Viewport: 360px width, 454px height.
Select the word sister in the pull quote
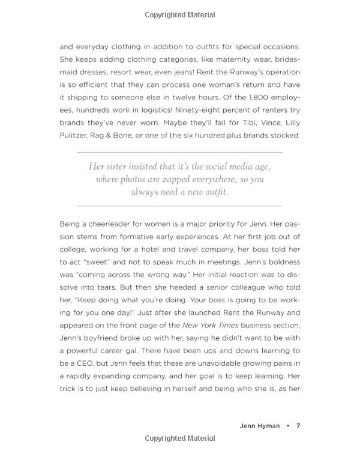(122, 167)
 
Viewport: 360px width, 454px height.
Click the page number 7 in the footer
(298, 426)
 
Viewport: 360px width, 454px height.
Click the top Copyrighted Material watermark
(180, 14)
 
